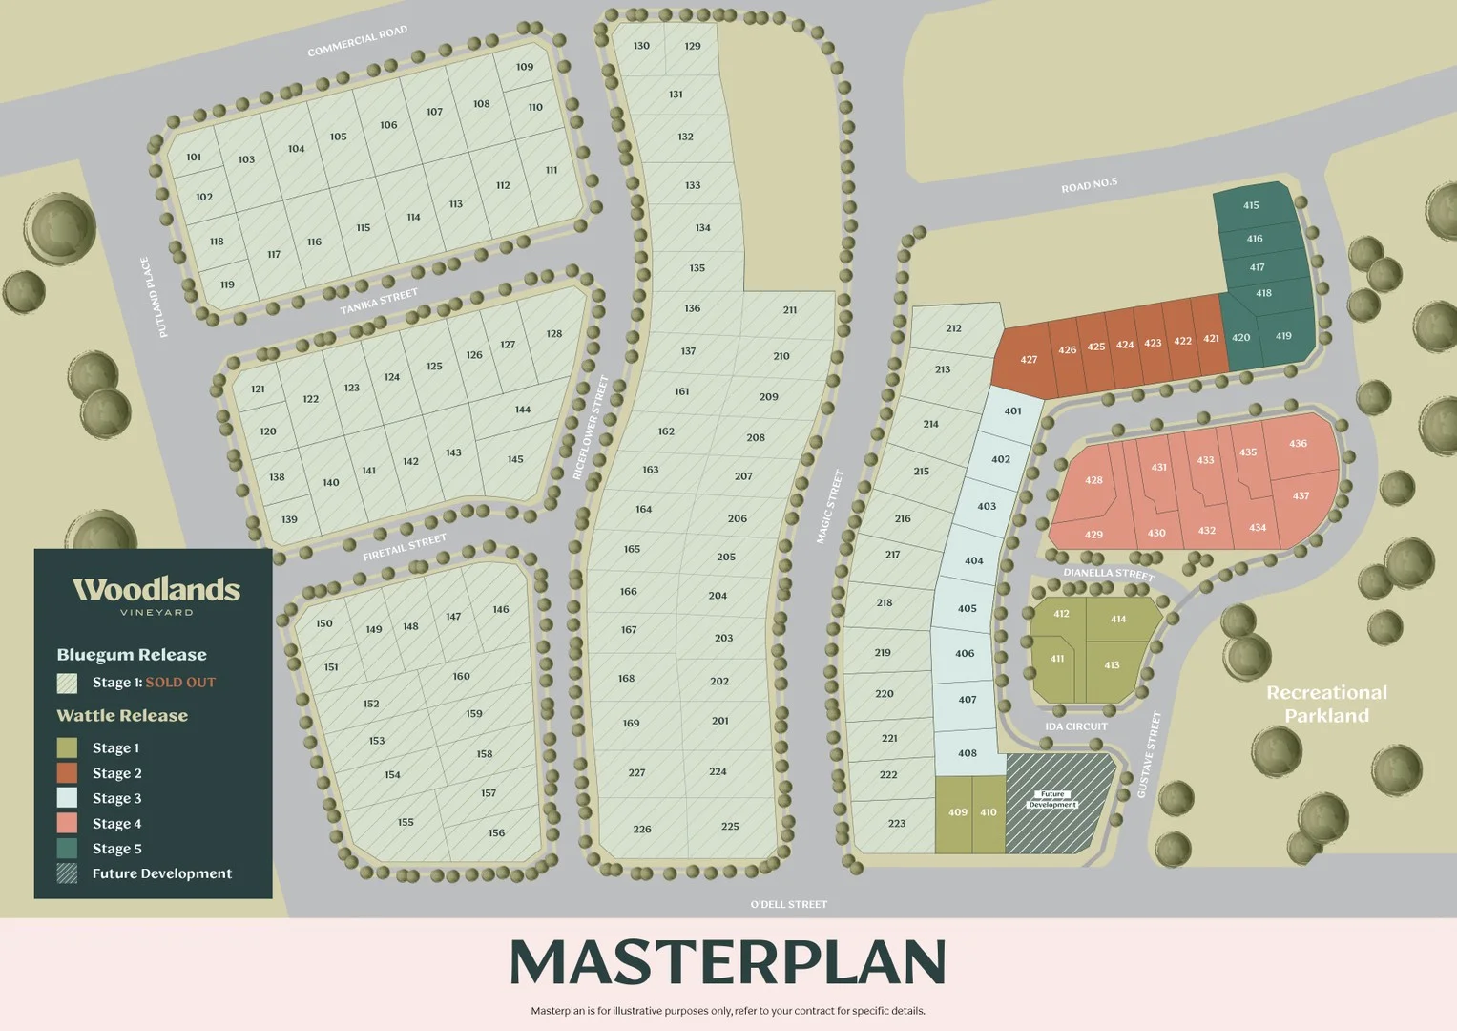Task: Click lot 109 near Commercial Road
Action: (x=525, y=67)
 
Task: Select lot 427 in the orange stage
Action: (x=1028, y=360)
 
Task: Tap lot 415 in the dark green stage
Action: (x=1251, y=205)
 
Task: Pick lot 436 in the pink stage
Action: (x=1298, y=444)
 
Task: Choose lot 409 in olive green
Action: (x=957, y=812)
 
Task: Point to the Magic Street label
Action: (x=829, y=507)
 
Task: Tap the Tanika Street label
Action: (x=379, y=302)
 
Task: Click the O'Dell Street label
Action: (x=788, y=904)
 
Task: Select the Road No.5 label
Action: (x=1089, y=184)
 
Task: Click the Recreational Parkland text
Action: (x=1326, y=704)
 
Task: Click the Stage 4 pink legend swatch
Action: (x=67, y=823)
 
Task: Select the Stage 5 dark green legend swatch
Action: (x=67, y=848)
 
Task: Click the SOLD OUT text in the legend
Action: (x=180, y=683)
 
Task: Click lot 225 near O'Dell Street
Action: (x=730, y=827)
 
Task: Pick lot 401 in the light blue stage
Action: (x=1012, y=411)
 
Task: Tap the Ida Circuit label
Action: (x=1076, y=726)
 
